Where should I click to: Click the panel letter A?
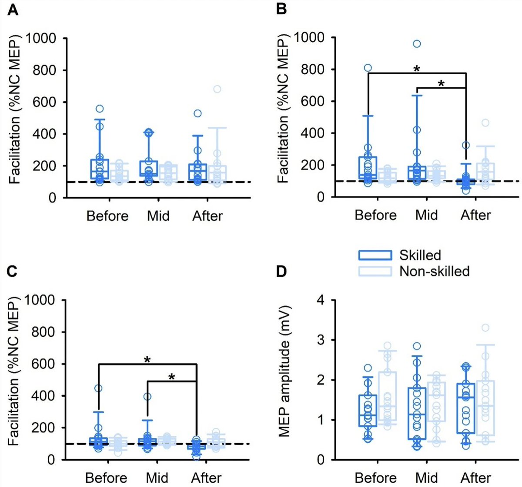pyautogui.click(x=13, y=10)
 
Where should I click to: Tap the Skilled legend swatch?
pyautogui.click(x=375, y=255)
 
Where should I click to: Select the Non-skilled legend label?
pyautogui.click(x=434, y=272)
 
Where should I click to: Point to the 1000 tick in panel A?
pyautogui.click(x=41, y=38)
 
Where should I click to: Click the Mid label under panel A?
pyautogui.click(x=158, y=216)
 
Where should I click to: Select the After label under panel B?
pyautogui.click(x=475, y=215)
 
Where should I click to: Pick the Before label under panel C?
pyautogui.click(x=106, y=478)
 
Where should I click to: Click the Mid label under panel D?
pyautogui.click(x=426, y=478)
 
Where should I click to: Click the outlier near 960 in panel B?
pyautogui.click(x=417, y=43)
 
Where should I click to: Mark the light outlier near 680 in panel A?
pyautogui.click(x=217, y=89)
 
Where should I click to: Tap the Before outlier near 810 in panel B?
pyautogui.click(x=368, y=68)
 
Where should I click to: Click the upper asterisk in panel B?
pyautogui.click(x=416, y=69)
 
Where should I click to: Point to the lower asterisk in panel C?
pyautogui.click(x=171, y=377)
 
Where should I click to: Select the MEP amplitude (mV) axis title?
pyautogui.click(x=285, y=372)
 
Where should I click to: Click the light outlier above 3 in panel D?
pyautogui.click(x=485, y=328)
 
